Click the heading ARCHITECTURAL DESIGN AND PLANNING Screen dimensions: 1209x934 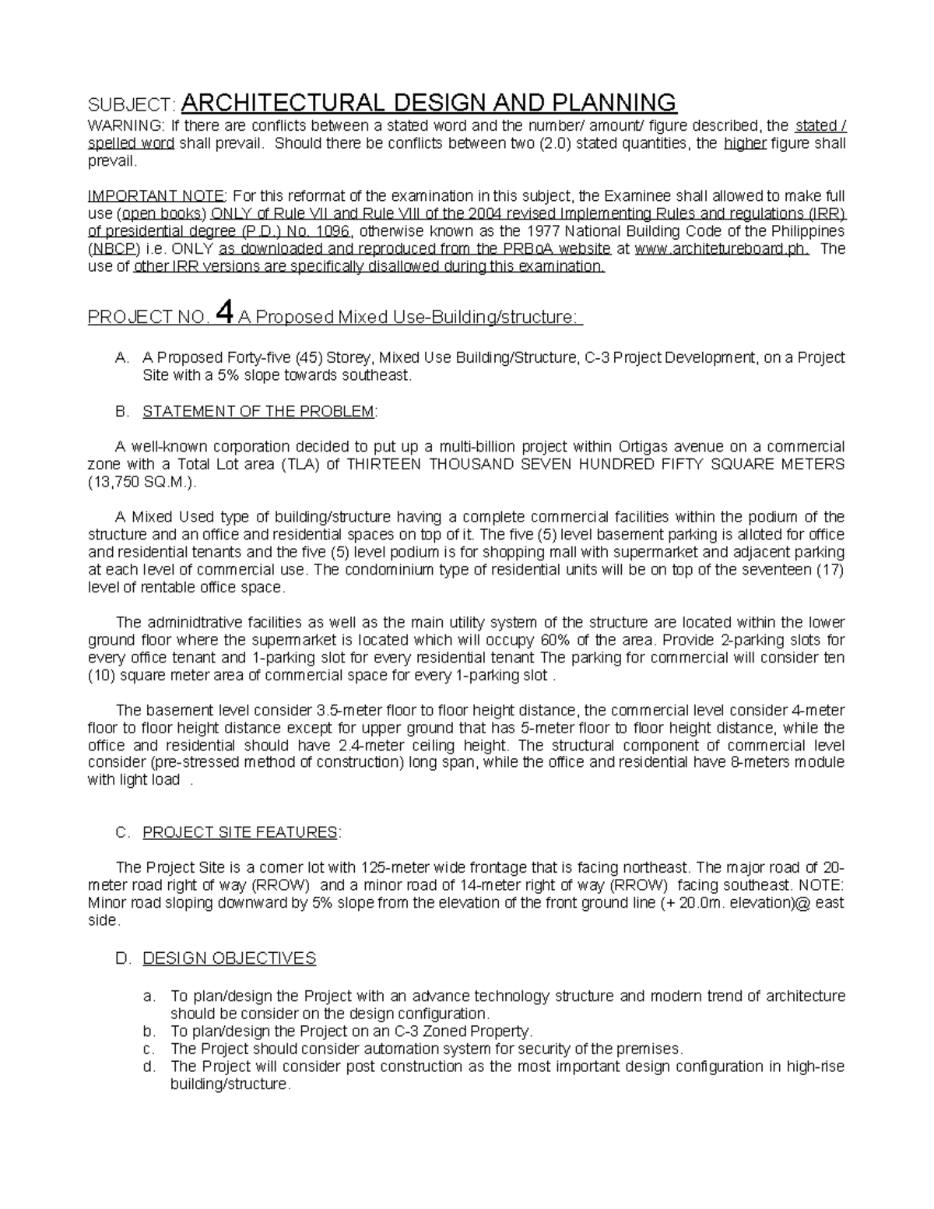pos(429,103)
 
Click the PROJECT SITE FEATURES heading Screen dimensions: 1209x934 pos(240,832)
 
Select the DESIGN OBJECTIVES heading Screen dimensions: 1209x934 pos(229,958)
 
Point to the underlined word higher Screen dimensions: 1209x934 pos(745,144)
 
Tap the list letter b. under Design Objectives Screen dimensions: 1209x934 pos(149,1031)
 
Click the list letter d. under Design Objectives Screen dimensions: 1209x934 pos(149,1067)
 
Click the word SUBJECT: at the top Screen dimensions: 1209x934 pos(132,104)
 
